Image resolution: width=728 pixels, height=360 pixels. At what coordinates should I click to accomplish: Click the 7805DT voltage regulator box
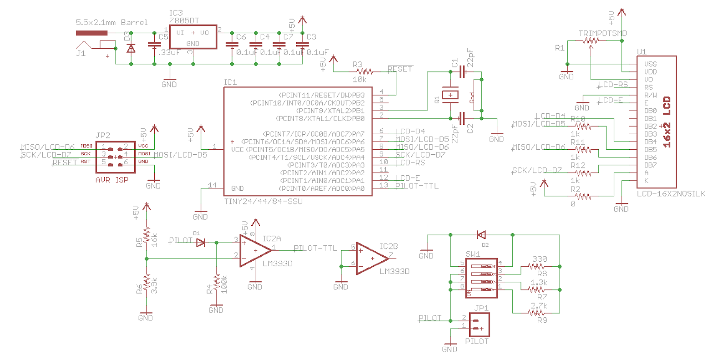coord(193,37)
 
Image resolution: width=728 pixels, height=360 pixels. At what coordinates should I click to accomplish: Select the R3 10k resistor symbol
coord(364,71)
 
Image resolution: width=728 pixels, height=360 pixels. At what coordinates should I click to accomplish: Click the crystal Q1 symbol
coord(450,95)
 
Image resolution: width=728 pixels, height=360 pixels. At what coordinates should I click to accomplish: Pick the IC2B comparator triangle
coord(371,259)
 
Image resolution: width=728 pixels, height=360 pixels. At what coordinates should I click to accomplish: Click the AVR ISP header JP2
coord(115,157)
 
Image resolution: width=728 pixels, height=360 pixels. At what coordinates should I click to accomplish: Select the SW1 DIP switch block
coord(481,278)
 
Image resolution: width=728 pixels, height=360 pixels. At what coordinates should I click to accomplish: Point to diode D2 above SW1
coord(481,235)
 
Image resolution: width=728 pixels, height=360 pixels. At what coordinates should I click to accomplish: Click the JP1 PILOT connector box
coord(479,325)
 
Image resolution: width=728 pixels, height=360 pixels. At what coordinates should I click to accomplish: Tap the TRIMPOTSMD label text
coord(602,33)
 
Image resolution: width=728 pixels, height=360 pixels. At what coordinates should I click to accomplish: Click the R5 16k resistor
coord(147,235)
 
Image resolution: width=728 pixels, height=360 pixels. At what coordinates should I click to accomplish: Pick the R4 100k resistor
coord(217,283)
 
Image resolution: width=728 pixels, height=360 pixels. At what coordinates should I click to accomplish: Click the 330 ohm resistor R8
coord(537,266)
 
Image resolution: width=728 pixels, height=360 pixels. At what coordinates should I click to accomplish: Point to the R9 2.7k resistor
coord(537,313)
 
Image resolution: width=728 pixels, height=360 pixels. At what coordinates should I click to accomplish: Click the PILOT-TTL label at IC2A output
coord(315,248)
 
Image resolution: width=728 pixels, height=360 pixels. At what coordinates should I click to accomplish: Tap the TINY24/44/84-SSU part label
coord(263,201)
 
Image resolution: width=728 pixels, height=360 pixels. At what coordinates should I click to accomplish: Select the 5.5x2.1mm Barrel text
coord(111,22)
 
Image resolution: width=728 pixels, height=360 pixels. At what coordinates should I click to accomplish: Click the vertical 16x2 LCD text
coord(667,122)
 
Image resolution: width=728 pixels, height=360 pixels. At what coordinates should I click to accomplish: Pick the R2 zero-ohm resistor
coord(583,197)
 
